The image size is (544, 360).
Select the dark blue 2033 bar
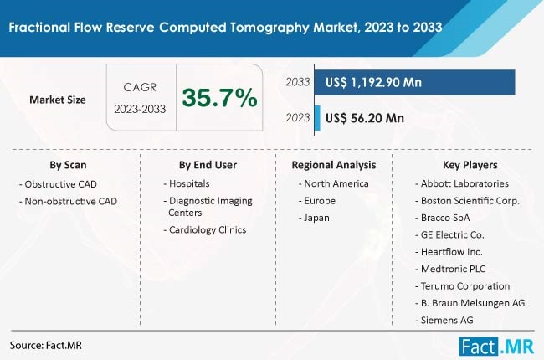click(413, 82)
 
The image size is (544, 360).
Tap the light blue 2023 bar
click(317, 117)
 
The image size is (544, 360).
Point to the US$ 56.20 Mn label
click(364, 118)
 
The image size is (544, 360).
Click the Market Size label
click(58, 100)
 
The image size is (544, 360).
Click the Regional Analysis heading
click(334, 165)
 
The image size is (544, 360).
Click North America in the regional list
click(332, 183)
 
